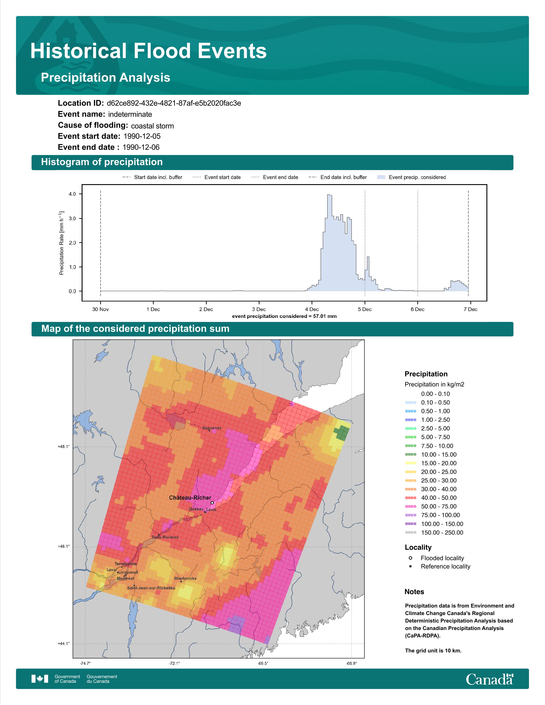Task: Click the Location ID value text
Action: pyautogui.click(x=174, y=103)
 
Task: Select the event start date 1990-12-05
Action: pyautogui.click(x=142, y=136)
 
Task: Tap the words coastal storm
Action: pyautogui.click(x=152, y=126)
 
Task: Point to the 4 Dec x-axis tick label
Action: pyautogui.click(x=312, y=309)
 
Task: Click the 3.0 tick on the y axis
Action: pyautogui.click(x=72, y=219)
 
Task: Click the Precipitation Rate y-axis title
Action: pyautogui.click(x=61, y=243)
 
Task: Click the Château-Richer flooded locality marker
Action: pyautogui.click(x=212, y=503)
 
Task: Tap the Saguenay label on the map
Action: pyautogui.click(x=212, y=428)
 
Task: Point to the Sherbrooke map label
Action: pyautogui.click(x=185, y=579)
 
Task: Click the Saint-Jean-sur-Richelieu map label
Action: pyautogui.click(x=151, y=588)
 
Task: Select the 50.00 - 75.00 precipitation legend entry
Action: pyautogui.click(x=431, y=507)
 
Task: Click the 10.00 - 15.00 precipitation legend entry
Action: pyautogui.click(x=431, y=454)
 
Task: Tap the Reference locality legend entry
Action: pyautogui.click(x=439, y=567)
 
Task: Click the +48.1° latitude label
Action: pyautogui.click(x=64, y=447)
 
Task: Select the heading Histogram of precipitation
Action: pyautogui.click(x=102, y=162)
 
